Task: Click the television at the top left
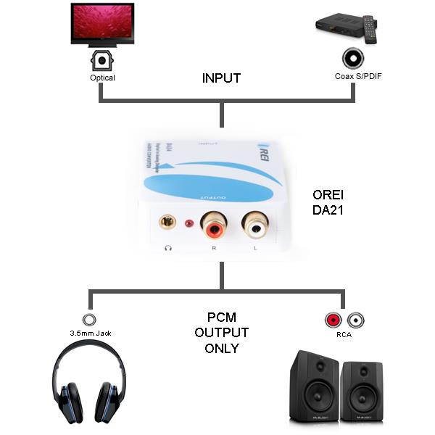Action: pos(101,24)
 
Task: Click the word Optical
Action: pos(102,78)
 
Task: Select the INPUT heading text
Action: pos(221,78)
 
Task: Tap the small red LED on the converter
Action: pos(191,224)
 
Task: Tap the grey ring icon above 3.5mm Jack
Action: pos(89,319)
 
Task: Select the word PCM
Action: pos(221,318)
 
